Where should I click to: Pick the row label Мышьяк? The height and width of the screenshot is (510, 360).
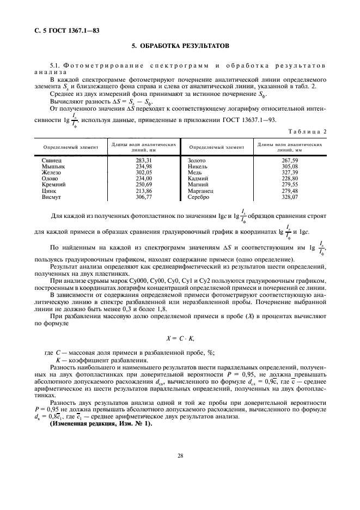(53, 166)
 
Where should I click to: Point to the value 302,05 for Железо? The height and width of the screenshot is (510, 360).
(144, 172)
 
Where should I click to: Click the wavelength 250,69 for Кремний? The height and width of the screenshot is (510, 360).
(144, 184)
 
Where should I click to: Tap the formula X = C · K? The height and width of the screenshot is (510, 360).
(180, 338)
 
